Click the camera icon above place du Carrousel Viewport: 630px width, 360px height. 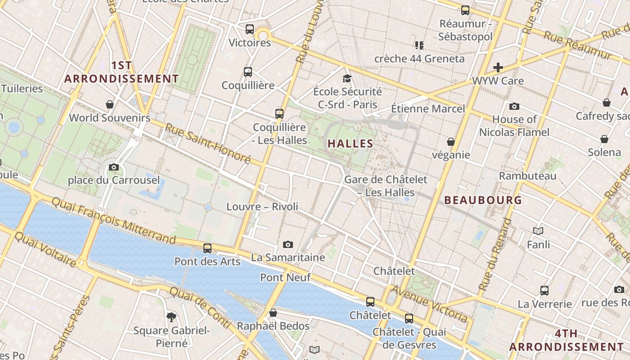114,167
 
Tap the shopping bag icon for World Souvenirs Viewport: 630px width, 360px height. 109,105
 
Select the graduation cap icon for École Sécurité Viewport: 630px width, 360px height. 346,78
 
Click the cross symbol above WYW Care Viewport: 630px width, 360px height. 498,67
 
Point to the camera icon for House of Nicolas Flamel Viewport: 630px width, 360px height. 514,107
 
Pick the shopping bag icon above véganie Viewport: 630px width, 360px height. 450,142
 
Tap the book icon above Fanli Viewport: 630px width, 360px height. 538,231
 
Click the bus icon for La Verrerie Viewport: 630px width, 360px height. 544,291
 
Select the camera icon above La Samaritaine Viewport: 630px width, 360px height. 288,245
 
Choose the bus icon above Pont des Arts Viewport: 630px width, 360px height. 207,248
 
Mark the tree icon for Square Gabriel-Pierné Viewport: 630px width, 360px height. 171,317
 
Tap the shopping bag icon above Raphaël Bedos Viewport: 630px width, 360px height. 273,313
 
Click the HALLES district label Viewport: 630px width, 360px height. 350,144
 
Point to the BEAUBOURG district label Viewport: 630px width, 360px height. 483,200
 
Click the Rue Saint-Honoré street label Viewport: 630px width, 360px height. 207,143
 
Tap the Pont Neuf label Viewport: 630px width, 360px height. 285,278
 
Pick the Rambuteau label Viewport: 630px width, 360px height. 527,176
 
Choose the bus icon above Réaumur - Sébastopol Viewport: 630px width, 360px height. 465,10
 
